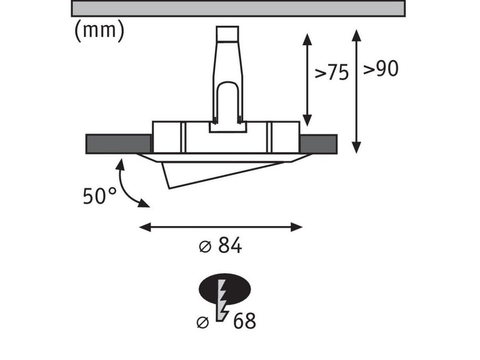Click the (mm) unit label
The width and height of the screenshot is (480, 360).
click(100, 31)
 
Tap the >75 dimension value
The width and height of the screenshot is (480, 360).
click(332, 73)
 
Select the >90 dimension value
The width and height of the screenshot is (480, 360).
click(381, 69)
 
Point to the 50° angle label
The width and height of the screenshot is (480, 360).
click(100, 196)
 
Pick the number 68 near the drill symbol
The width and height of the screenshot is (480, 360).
click(244, 321)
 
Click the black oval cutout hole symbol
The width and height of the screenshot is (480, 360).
click(225, 288)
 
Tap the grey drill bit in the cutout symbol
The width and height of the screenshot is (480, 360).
click(222, 300)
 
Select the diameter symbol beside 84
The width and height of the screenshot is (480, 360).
click(205, 246)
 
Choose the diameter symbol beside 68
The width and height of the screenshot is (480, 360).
click(203, 322)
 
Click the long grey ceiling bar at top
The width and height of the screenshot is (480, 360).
click(238, 8)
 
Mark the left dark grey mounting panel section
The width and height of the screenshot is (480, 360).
click(118, 144)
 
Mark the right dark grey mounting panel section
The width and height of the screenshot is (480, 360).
click(318, 144)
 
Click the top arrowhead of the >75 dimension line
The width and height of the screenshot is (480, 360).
click(307, 40)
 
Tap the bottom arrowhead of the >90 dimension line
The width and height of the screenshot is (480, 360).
click(356, 147)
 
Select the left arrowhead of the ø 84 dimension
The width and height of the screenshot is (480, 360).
click(145, 227)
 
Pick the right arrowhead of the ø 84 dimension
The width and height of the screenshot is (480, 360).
click(296, 227)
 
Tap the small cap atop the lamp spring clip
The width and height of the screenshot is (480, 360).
click(227, 34)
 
